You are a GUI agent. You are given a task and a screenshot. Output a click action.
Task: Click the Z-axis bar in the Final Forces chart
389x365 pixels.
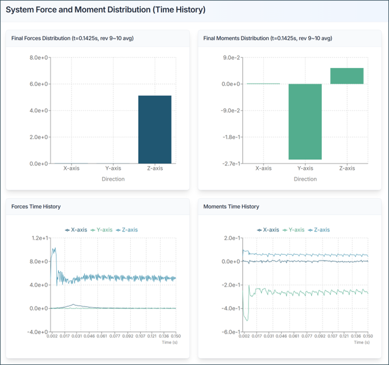155,129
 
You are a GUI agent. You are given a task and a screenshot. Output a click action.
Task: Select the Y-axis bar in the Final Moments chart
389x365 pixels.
305,122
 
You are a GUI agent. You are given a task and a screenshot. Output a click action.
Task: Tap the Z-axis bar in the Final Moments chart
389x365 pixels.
347,76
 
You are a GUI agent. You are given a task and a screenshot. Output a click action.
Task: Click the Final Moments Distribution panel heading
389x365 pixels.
267,39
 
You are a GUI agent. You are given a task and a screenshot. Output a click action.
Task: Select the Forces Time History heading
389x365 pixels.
36,207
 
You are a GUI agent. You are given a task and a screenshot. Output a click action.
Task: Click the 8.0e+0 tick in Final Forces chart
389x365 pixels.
39,58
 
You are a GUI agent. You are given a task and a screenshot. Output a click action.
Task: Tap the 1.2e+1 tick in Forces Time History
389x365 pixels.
39,238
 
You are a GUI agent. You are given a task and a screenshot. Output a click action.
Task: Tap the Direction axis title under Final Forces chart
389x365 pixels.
113,179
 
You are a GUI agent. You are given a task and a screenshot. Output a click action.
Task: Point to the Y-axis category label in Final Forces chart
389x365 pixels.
113,168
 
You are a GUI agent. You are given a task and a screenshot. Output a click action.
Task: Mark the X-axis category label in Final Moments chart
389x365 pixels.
263,168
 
